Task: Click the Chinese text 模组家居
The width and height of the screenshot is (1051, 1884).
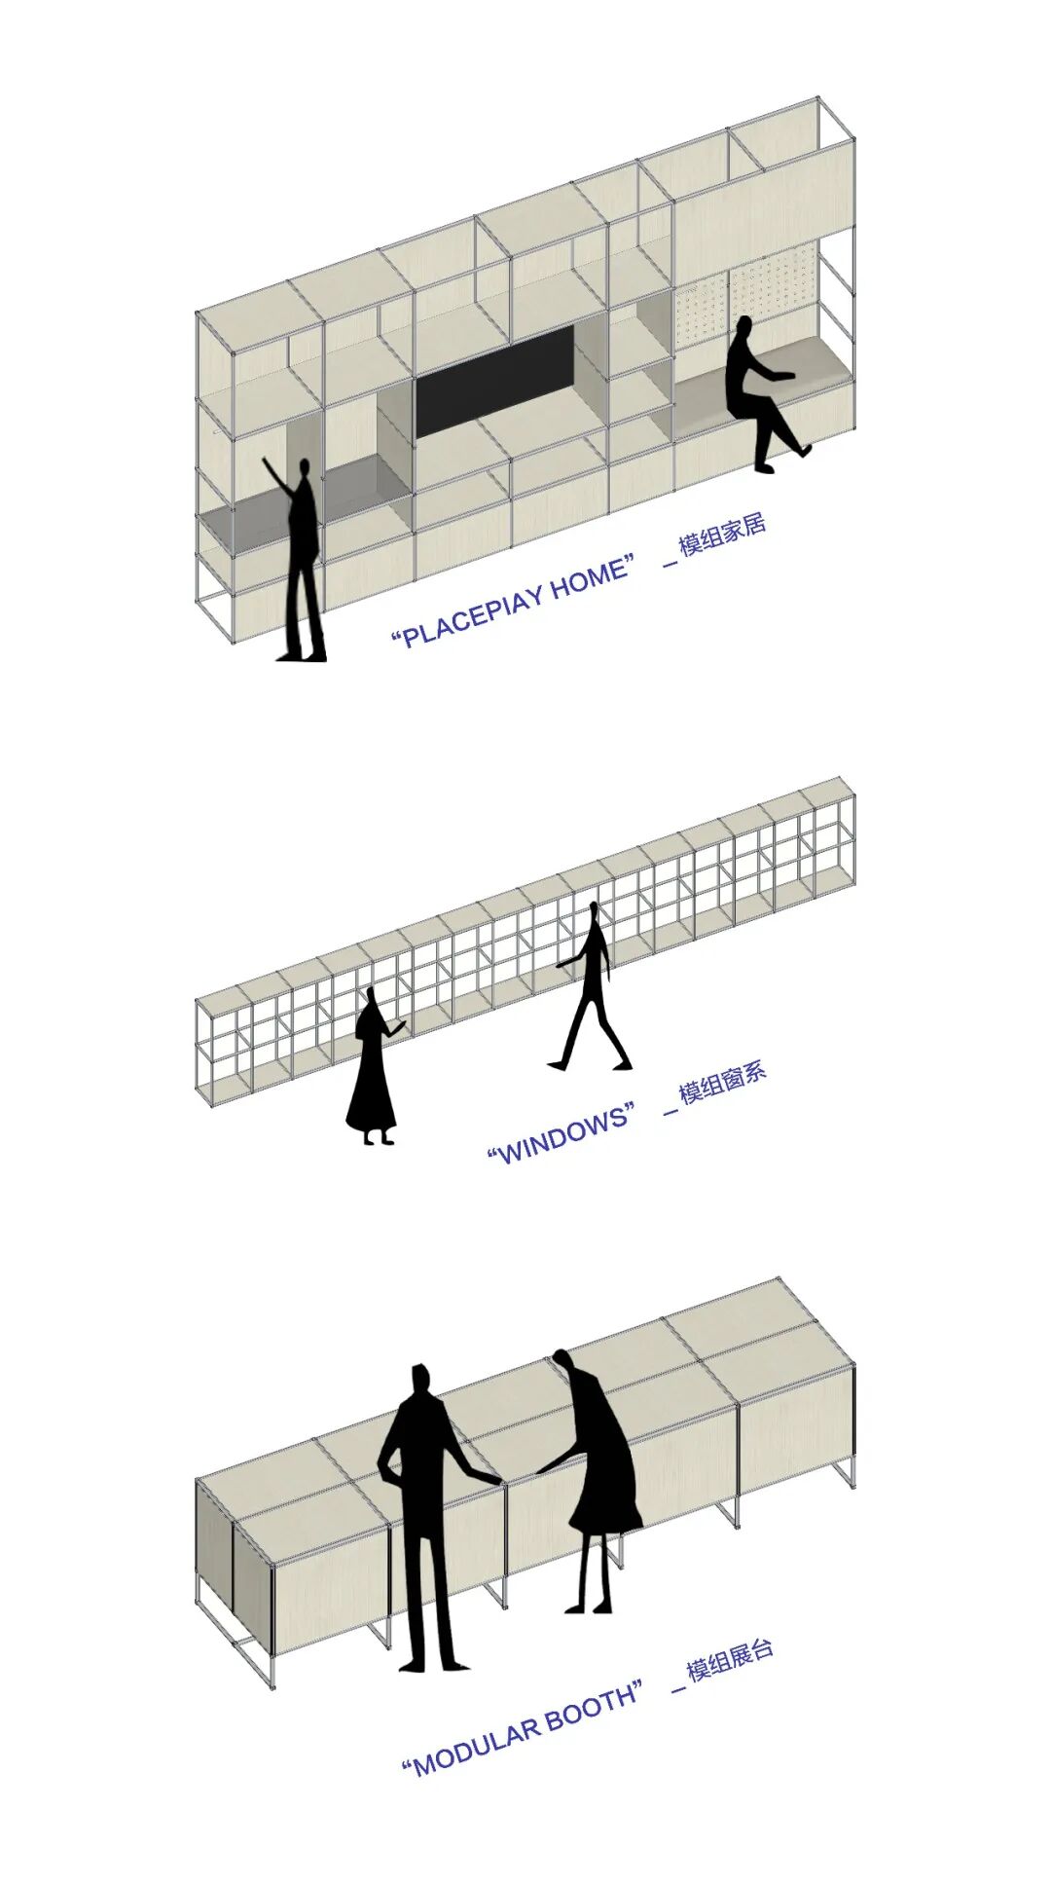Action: pyautogui.click(x=723, y=535)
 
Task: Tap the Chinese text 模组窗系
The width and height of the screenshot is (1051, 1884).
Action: pyautogui.click(x=723, y=1083)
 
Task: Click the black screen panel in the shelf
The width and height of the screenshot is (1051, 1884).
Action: pyautogui.click(x=496, y=381)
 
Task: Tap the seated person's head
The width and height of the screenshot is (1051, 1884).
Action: pyautogui.click(x=744, y=328)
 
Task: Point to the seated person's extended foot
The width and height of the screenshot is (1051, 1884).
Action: pyautogui.click(x=804, y=451)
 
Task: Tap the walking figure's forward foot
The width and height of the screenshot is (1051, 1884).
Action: pyautogui.click(x=558, y=1065)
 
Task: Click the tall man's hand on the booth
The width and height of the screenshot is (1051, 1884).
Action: pyautogui.click(x=492, y=1480)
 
